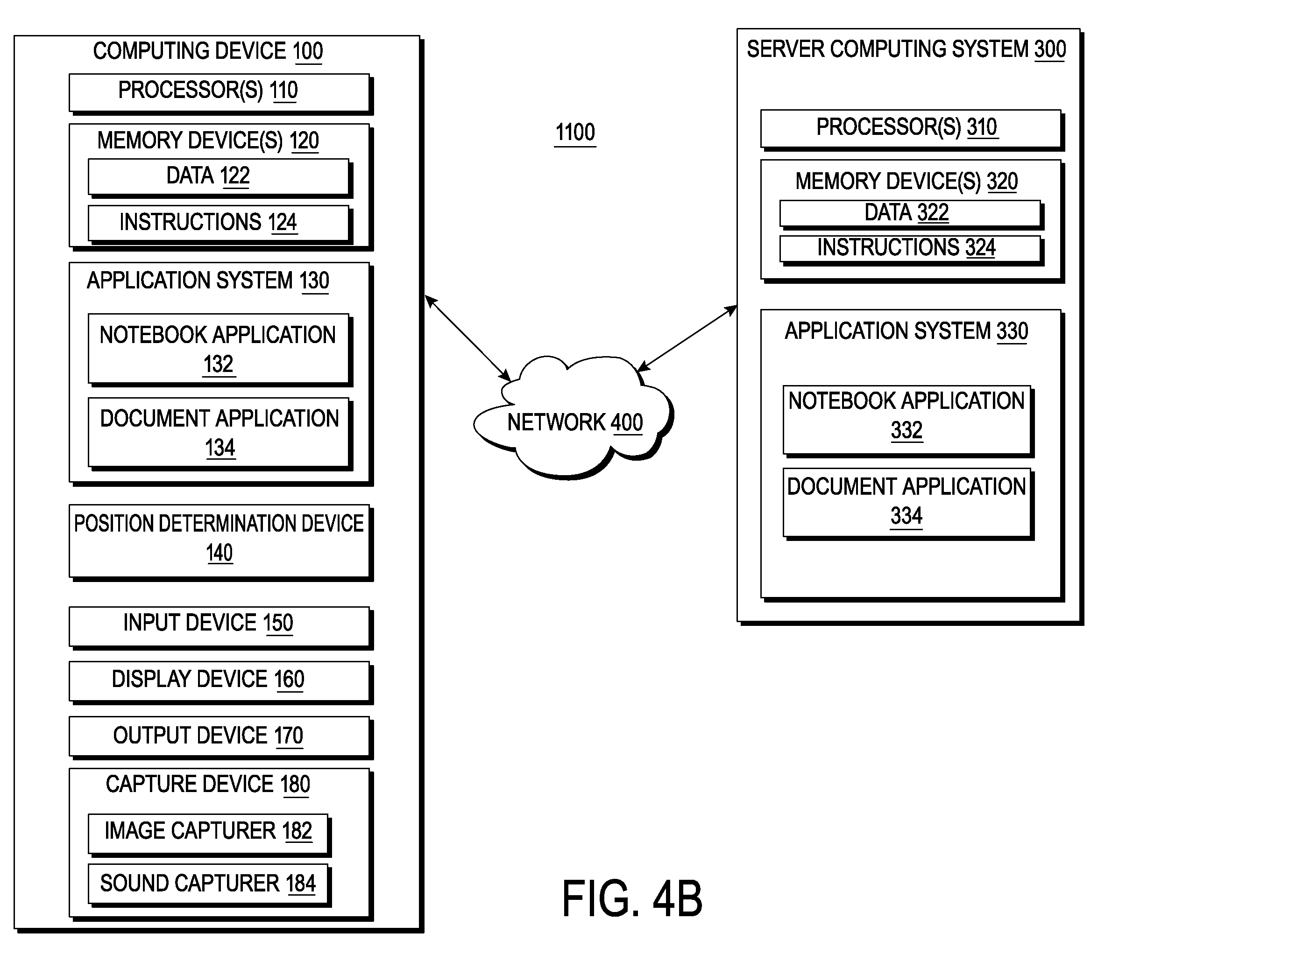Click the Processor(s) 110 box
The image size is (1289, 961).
click(220, 92)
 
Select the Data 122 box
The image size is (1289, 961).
click(220, 177)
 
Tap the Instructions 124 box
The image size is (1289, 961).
click(220, 224)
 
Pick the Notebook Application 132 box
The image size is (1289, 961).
click(220, 350)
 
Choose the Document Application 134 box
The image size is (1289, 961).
click(220, 434)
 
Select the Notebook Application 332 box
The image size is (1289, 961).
click(908, 421)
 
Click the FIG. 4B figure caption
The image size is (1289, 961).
click(632, 899)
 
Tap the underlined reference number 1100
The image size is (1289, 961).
click(575, 133)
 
